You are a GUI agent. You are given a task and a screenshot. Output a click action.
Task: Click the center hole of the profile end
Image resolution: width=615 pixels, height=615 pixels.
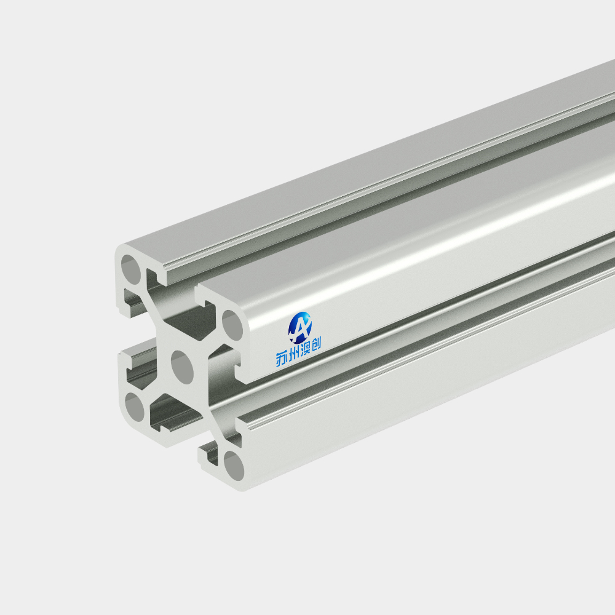coord(183,368)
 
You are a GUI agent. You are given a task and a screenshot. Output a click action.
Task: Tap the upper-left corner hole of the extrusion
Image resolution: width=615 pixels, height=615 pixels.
coord(130,269)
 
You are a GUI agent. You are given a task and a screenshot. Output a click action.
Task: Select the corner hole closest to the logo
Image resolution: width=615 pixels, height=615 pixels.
coord(232,325)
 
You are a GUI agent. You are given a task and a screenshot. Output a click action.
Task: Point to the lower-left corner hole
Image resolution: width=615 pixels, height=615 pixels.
coord(135,407)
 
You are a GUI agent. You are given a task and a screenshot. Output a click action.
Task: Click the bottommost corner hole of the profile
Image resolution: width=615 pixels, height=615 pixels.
coord(234,466)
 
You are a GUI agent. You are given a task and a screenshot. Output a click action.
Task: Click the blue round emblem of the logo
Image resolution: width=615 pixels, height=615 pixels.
coord(300,327)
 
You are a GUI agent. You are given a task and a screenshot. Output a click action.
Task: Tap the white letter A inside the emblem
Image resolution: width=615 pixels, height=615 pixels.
coord(300,328)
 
